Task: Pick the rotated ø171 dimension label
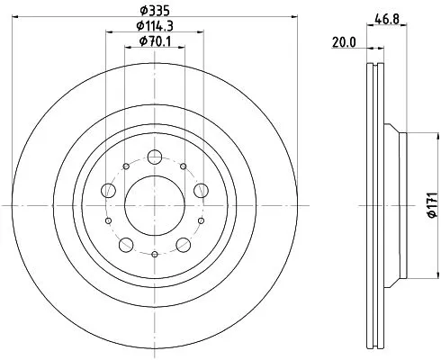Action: (431, 206)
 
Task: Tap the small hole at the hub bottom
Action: (155, 255)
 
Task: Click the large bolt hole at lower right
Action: (184, 245)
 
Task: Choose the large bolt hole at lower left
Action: (126, 245)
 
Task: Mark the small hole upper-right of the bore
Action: (183, 167)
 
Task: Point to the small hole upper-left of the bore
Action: (126, 167)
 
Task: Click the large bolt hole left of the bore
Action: (109, 190)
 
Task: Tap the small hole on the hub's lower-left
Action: (110, 221)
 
